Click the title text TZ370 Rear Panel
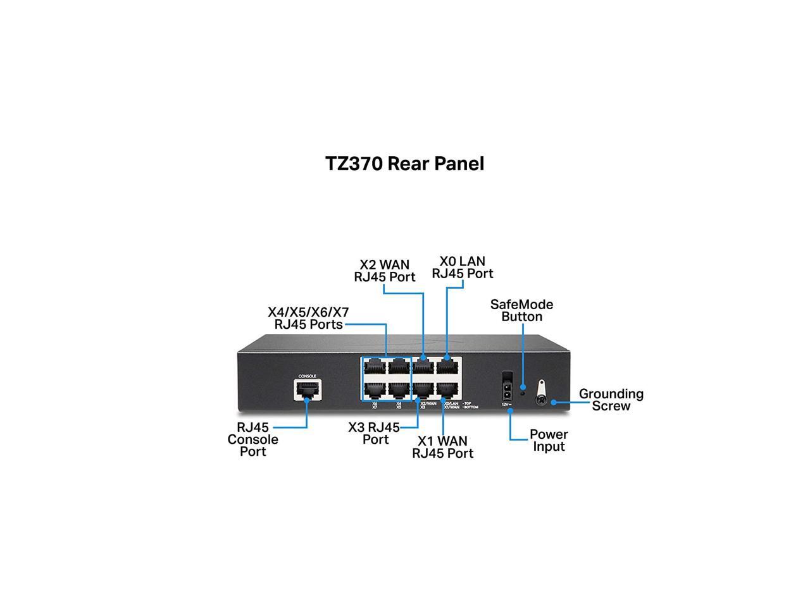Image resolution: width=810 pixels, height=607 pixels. (x=404, y=164)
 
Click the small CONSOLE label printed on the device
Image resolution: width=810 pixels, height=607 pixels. (x=308, y=376)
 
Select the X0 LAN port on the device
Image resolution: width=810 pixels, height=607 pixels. (x=447, y=366)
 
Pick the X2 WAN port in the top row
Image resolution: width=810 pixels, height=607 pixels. (x=423, y=366)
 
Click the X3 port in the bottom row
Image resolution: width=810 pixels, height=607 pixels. (x=423, y=388)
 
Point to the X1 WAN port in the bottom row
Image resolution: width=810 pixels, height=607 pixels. (x=447, y=388)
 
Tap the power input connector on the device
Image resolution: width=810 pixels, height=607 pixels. (x=506, y=384)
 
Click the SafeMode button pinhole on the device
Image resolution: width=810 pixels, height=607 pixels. (x=523, y=387)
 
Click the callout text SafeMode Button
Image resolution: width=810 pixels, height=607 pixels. (x=521, y=310)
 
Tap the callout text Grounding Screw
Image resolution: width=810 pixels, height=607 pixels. (x=611, y=400)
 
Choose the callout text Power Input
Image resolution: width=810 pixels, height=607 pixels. (x=549, y=440)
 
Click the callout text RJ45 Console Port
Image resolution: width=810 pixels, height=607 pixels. (x=252, y=439)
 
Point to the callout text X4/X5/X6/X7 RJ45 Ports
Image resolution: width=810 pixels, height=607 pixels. (x=308, y=318)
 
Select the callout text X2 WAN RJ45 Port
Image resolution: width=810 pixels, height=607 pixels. (x=385, y=271)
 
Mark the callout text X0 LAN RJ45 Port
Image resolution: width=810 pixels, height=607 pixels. (x=462, y=267)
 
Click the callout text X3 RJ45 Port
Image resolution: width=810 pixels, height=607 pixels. (x=374, y=433)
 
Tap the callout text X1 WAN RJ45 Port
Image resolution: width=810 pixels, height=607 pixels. (x=442, y=447)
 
